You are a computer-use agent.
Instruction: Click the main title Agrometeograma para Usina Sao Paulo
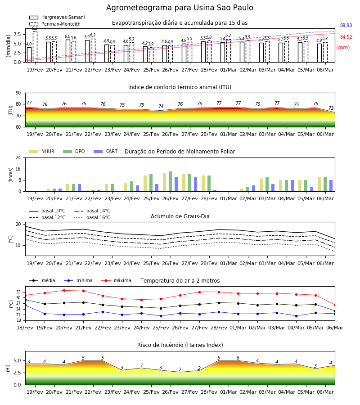(180, 8)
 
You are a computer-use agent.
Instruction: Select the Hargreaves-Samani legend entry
(57, 17)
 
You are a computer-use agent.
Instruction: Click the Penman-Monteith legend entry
(55, 24)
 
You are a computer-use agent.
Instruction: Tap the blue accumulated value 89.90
(346, 25)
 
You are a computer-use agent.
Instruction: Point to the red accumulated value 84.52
(346, 37)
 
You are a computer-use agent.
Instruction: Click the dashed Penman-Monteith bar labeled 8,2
(35, 47)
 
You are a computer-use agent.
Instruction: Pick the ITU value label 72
(331, 108)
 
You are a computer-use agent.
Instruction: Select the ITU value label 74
(161, 106)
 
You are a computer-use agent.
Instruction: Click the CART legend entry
(106, 151)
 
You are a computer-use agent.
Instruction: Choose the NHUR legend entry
(42, 151)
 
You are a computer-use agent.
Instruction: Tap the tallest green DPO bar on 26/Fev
(171, 181)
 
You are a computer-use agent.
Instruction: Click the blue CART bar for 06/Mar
(331, 186)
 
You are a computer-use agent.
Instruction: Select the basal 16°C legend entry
(92, 217)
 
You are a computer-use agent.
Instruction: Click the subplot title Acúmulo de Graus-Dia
(180, 216)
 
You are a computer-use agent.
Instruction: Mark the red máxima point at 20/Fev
(64, 290)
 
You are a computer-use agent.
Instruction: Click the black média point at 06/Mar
(335, 311)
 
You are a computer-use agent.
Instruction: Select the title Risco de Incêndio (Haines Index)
(180, 345)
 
